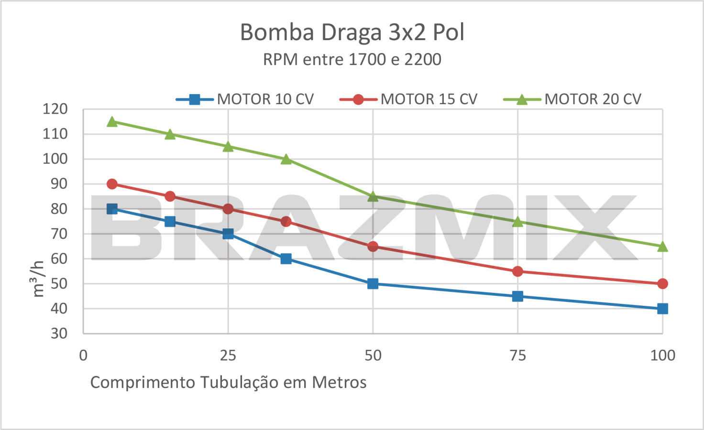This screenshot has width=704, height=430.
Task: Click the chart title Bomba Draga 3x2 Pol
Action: (x=352, y=32)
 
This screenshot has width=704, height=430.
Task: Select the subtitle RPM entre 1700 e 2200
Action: (x=352, y=60)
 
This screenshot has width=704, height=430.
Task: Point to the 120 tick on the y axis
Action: (x=55, y=109)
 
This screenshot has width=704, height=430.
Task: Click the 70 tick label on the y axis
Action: (x=59, y=234)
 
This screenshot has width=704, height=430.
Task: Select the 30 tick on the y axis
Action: (x=59, y=333)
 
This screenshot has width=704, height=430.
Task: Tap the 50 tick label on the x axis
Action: (x=373, y=355)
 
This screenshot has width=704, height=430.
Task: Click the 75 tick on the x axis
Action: (x=517, y=355)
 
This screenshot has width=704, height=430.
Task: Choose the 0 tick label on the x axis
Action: (x=83, y=355)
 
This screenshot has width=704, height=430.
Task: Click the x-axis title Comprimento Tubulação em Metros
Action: (x=228, y=383)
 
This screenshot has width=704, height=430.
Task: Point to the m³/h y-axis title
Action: (x=38, y=279)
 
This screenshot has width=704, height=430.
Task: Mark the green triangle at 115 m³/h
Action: (x=112, y=122)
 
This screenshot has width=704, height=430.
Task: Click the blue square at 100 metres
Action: (x=662, y=309)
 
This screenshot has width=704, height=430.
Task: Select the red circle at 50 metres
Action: (x=373, y=247)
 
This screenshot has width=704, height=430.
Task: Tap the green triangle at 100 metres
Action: (x=662, y=247)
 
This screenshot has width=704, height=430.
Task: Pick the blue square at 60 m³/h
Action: (x=286, y=259)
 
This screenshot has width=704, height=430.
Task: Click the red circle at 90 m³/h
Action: (x=112, y=184)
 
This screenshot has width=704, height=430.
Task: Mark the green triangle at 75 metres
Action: (x=517, y=222)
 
